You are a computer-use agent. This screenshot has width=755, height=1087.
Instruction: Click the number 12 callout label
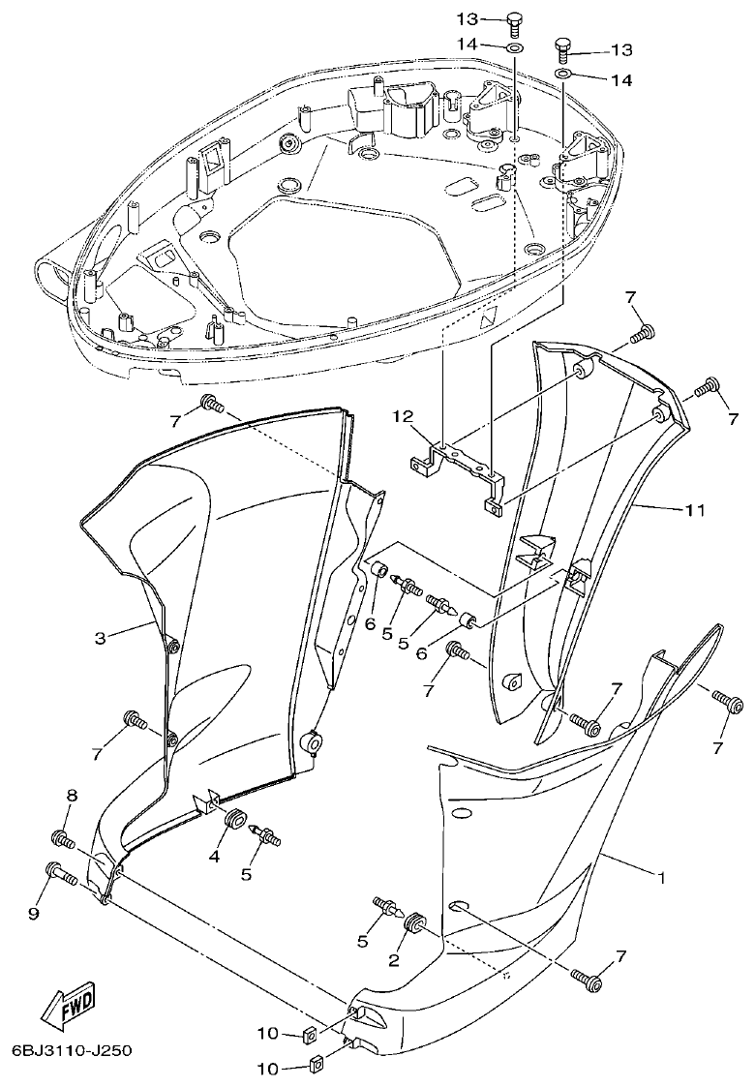click(403, 417)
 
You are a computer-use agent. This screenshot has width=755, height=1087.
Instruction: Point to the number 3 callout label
click(100, 638)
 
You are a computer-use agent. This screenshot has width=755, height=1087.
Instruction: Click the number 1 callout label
click(661, 879)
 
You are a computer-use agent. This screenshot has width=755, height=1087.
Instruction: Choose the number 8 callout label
click(71, 795)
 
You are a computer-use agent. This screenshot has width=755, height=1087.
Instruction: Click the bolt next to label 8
click(62, 837)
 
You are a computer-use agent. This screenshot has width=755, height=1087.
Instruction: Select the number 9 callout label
click(34, 911)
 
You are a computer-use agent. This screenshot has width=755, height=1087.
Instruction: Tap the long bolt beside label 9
click(62, 874)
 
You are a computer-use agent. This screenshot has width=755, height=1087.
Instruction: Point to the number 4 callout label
click(214, 856)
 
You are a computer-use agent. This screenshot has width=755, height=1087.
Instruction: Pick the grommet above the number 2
click(417, 922)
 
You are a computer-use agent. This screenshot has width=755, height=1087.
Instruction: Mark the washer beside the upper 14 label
click(515, 46)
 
